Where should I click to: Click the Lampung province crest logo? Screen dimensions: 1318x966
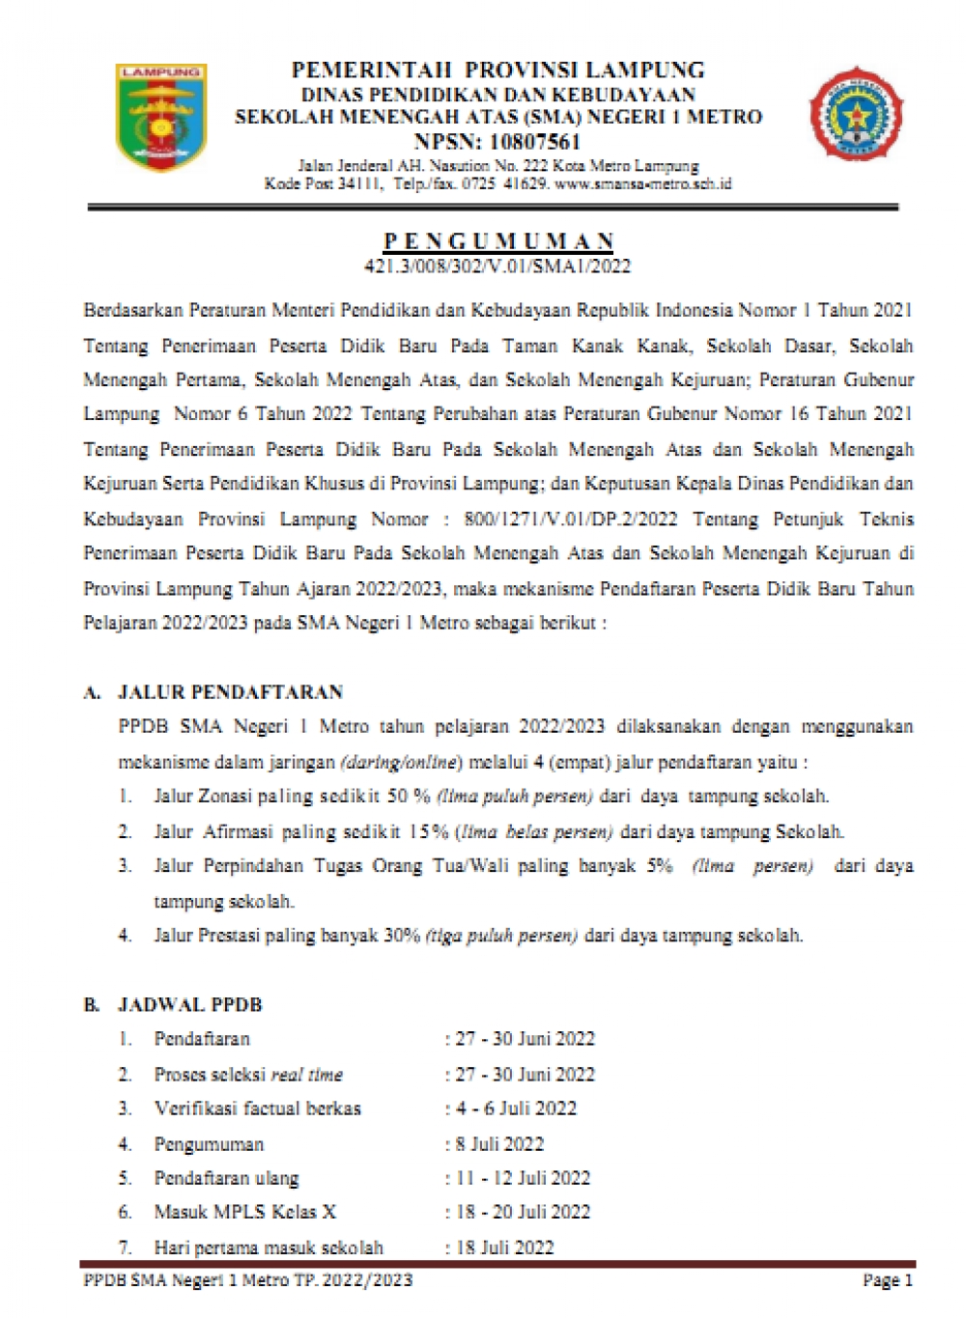[160, 117]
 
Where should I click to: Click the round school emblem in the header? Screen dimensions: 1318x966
[855, 113]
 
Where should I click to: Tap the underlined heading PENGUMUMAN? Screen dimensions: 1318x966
[498, 240]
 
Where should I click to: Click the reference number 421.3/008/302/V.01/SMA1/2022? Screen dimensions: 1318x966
[497, 266]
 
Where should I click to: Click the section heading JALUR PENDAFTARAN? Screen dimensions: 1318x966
[230, 692]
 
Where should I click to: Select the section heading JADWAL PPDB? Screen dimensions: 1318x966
[189, 1005]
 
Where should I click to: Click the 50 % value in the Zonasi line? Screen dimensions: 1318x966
[409, 797]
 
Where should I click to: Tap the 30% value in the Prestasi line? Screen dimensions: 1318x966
[402, 936]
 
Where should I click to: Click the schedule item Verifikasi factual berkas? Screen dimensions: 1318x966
[257, 1108]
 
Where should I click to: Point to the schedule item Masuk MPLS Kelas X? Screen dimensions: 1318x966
[245, 1212]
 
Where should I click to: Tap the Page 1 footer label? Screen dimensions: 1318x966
[887, 1280]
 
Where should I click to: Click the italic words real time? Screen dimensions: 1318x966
[306, 1075]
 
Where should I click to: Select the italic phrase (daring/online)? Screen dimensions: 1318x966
[401, 762]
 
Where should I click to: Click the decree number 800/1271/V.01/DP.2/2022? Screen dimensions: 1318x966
[570, 519]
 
